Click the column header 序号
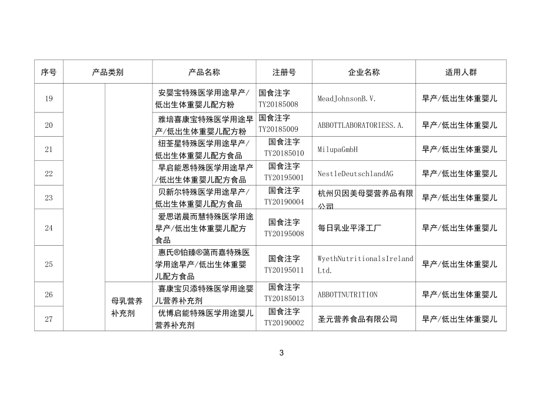[49, 72]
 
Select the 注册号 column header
[284, 72]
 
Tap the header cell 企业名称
[364, 72]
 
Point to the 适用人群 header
[461, 72]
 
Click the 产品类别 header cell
[108, 72]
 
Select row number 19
[49, 98]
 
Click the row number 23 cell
[49, 197]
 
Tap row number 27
[49, 319]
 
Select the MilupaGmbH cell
[337, 150]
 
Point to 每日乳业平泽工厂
[350, 227]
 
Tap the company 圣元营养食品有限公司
[357, 319]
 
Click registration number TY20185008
[278, 104]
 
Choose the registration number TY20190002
[284, 323]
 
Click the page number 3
[281, 353]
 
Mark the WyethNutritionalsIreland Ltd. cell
[365, 265]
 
